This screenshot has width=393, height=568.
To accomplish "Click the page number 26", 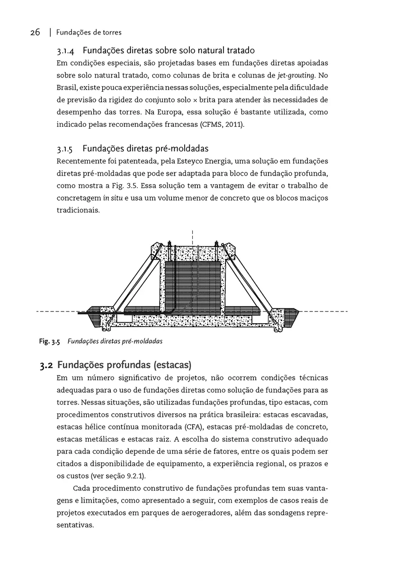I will tap(35, 33).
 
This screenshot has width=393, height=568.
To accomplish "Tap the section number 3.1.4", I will tap(67, 51).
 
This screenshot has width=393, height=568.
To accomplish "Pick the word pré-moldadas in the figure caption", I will tap(143, 341).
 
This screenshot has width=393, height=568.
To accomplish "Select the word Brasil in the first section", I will tap(67, 88).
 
